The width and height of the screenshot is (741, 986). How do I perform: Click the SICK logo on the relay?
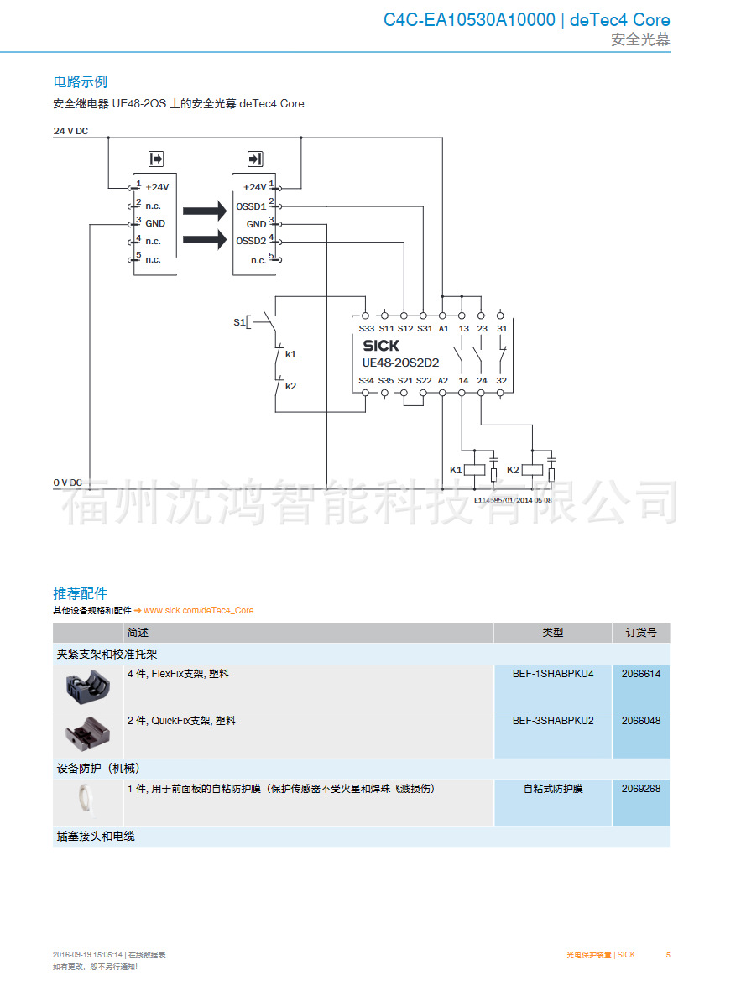pyautogui.click(x=381, y=345)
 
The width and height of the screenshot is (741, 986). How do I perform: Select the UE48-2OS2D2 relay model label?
pyautogui.click(x=399, y=363)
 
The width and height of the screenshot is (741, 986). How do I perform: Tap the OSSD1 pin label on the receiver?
pyautogui.click(x=251, y=206)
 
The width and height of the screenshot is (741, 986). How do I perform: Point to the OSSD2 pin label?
pyautogui.click(x=251, y=242)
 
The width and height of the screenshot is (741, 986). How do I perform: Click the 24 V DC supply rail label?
pyautogui.click(x=70, y=131)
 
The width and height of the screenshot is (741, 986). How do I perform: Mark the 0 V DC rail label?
pyautogui.click(x=68, y=483)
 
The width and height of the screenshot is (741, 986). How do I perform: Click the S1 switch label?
pyautogui.click(x=238, y=322)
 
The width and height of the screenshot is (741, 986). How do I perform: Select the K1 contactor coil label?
pyautogui.click(x=456, y=470)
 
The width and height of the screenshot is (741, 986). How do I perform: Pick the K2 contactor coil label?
pyautogui.click(x=514, y=470)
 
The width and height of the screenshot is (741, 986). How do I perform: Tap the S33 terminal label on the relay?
pyautogui.click(x=367, y=328)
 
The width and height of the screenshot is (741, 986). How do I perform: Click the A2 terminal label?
pyautogui.click(x=443, y=381)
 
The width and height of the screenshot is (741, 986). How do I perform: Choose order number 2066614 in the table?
pyautogui.click(x=641, y=674)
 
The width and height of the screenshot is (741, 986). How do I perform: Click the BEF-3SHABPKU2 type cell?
pyautogui.click(x=553, y=721)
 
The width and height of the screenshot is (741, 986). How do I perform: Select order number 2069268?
pyautogui.click(x=641, y=789)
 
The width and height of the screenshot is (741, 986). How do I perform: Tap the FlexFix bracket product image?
pyautogui.click(x=87, y=688)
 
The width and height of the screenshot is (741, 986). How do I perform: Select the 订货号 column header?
pyautogui.click(x=641, y=633)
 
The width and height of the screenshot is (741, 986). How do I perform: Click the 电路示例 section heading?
pyautogui.click(x=81, y=82)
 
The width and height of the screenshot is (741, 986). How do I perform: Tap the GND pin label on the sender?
pyautogui.click(x=155, y=224)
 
